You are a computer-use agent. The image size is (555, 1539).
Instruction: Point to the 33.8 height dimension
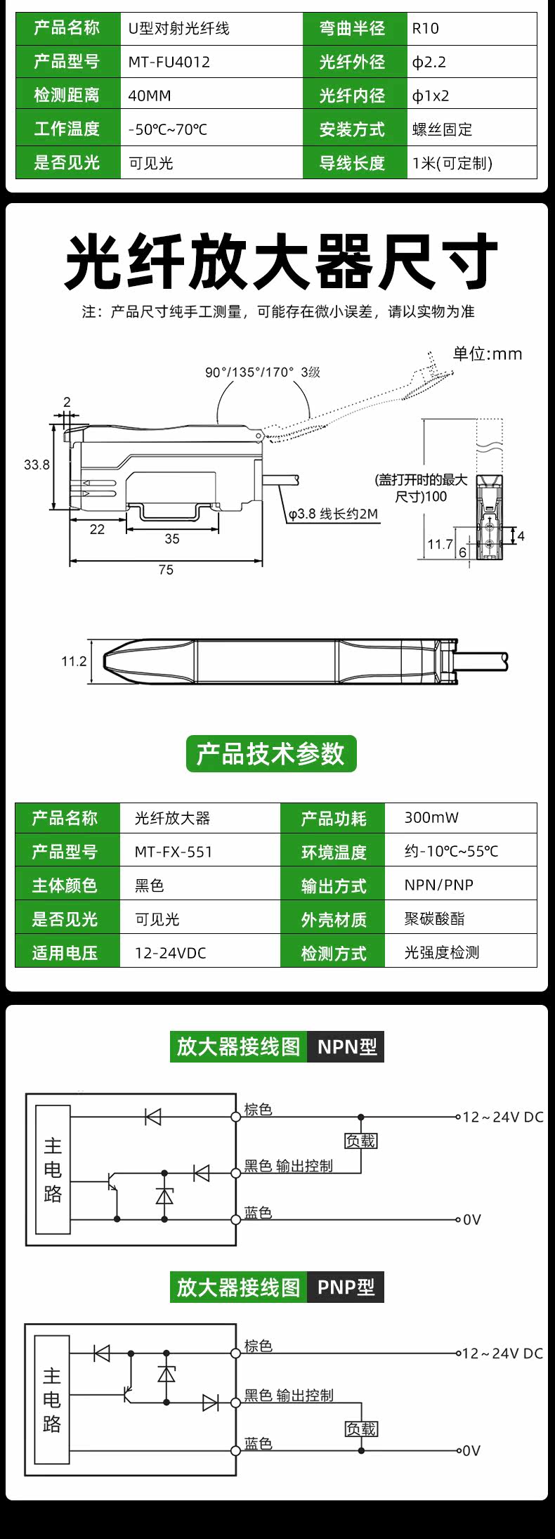tap(37, 465)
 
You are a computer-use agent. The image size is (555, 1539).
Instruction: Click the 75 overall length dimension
tap(166, 569)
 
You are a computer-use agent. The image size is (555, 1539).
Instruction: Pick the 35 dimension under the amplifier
tap(172, 538)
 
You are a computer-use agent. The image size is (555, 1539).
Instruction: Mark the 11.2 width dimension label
tap(74, 661)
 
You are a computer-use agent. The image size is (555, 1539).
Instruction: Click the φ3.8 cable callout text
tap(333, 514)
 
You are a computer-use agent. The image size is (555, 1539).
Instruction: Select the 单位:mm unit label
tap(488, 353)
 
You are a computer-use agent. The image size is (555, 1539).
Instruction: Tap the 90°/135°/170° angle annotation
tap(263, 372)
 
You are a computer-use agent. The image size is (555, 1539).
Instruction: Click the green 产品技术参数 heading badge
tap(271, 753)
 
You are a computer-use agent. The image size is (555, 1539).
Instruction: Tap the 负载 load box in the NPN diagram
tap(361, 1141)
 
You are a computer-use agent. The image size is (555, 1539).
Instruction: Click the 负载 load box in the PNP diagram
tap(361, 1429)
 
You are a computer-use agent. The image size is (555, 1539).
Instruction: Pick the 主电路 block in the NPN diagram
tap(53, 1169)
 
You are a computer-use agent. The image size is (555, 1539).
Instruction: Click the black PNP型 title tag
tap(346, 1287)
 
